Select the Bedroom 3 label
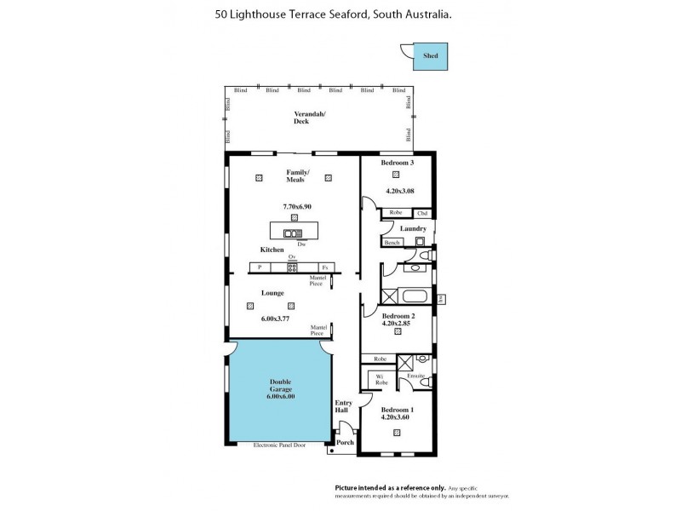pos(397,163)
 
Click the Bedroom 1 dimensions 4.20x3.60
pos(397,416)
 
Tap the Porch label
pos(345,443)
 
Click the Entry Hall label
pos(343,407)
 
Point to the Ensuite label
pos(415,376)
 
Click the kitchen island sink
pos(293,233)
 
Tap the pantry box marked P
pos(259,267)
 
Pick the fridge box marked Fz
pos(323,267)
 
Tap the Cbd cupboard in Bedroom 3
pos(421,213)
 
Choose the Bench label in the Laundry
pos(392,243)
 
